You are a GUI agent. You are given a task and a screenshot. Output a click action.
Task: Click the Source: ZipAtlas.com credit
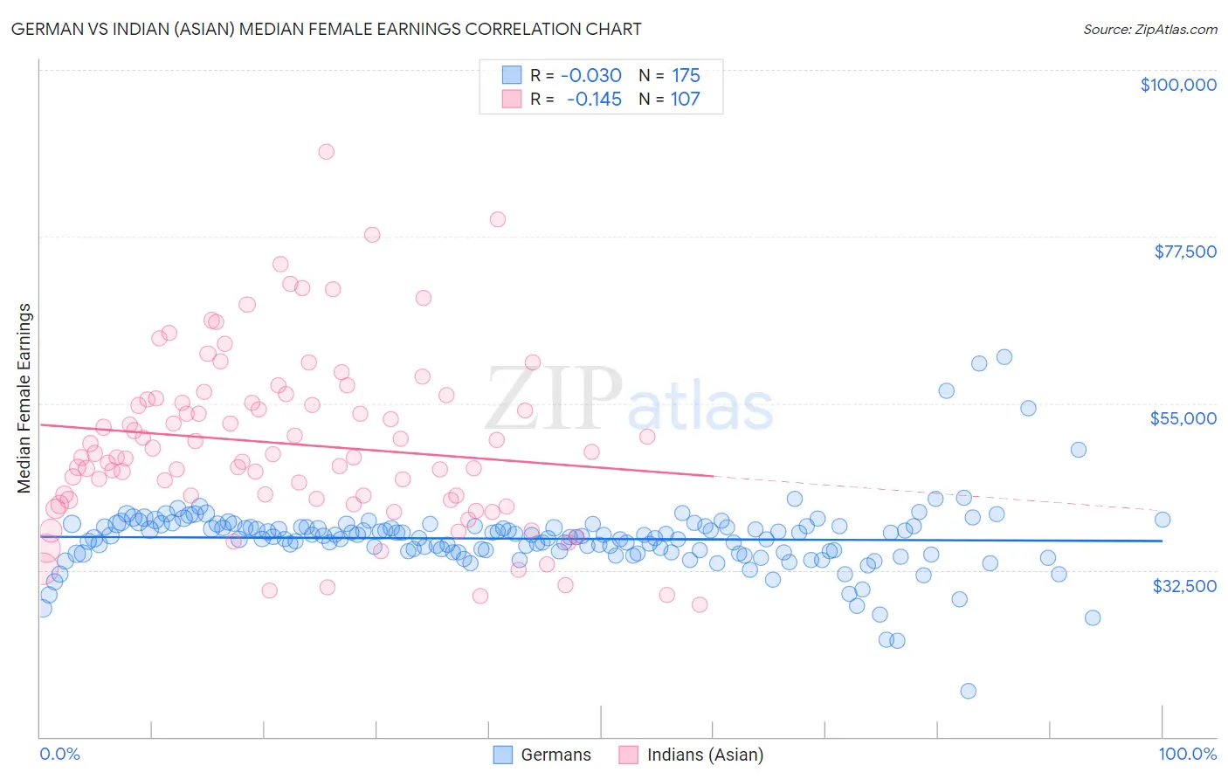pos(1149,29)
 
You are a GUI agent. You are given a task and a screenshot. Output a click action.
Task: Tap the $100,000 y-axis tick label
pos(1178,85)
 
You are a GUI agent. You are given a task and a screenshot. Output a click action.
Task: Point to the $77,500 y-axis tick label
pos(1185,252)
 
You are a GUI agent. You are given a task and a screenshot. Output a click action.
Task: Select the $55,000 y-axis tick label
pos(1183,418)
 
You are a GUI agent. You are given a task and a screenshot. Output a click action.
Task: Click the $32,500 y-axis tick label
pos(1184,586)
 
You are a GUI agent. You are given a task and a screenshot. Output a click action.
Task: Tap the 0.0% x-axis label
pos(59,754)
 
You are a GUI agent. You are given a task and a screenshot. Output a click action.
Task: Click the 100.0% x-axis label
pos(1187,754)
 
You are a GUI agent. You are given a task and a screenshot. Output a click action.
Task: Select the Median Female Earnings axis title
pos(24,398)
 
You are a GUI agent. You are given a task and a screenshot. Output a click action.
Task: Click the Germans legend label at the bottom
pos(555,755)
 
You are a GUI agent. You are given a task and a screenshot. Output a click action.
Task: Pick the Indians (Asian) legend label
pos(705,755)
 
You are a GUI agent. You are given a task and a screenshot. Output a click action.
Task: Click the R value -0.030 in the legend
pos(591,76)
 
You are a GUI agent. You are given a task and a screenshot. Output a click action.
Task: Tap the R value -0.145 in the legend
pos(594,100)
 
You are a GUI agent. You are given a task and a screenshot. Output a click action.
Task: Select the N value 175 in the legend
pos(686,76)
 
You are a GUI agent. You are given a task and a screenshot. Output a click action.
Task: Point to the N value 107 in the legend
pos(685,100)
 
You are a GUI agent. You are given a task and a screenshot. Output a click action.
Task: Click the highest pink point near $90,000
pos(326,151)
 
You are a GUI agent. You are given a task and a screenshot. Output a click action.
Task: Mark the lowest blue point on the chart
pos(968,691)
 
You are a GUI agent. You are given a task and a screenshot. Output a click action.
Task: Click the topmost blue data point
pos(1004,356)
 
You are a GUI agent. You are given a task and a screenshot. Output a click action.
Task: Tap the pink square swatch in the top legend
pos(511,99)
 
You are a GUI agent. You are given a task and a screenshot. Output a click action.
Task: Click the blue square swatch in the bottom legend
pos(502,755)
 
